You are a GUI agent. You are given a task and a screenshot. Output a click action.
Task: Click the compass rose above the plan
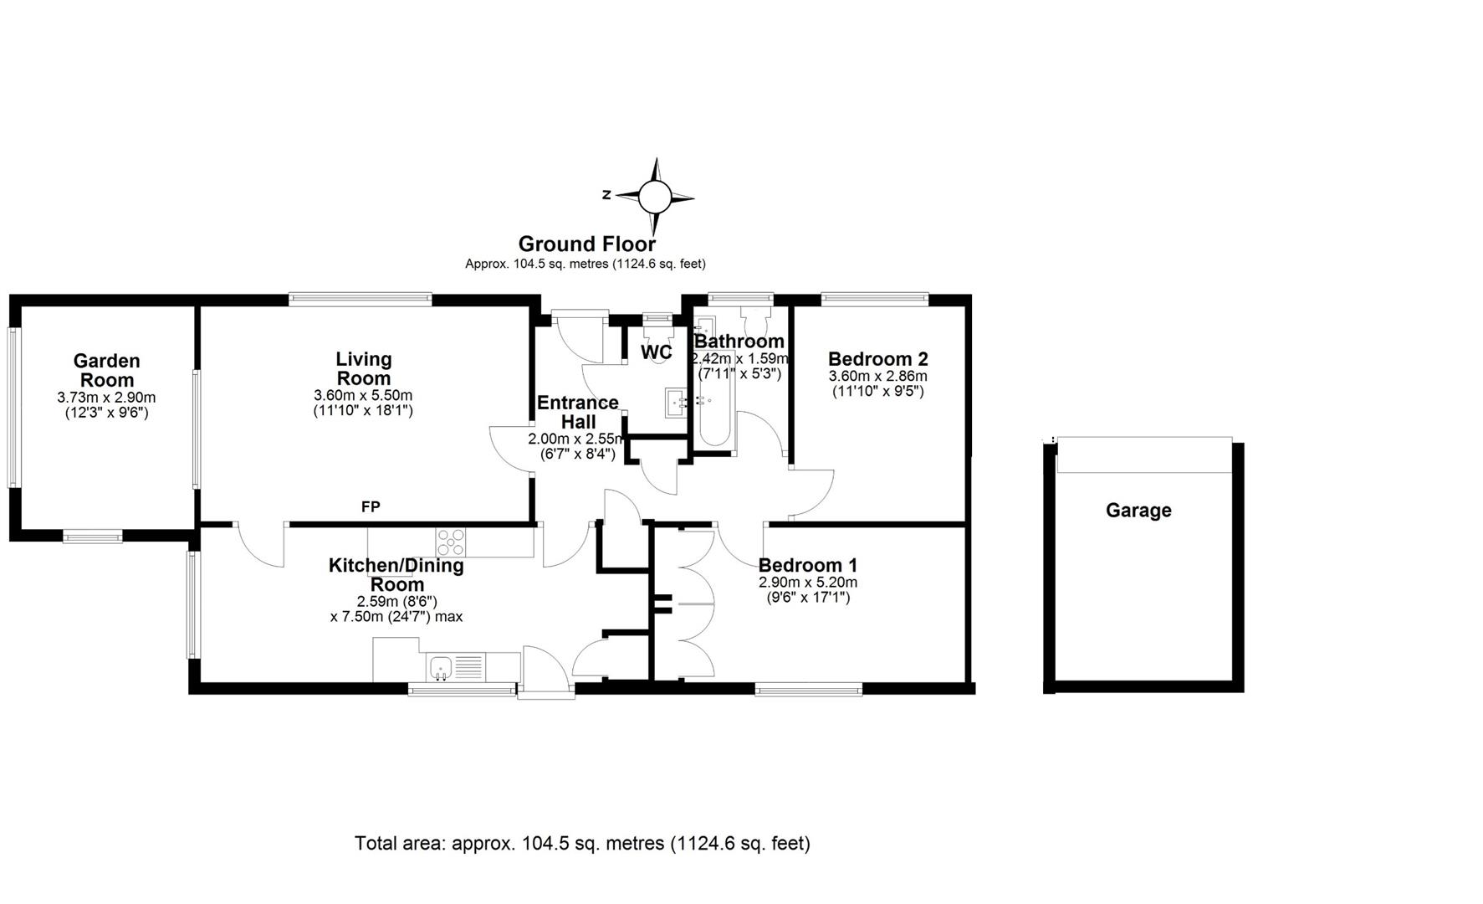[x=656, y=198]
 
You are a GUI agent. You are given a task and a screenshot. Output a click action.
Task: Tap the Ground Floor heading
[x=587, y=244]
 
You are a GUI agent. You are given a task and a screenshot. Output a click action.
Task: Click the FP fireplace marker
[x=371, y=506]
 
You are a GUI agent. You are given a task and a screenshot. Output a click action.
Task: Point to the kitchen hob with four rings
[x=451, y=542]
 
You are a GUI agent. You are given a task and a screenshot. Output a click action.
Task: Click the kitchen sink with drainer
[x=456, y=667]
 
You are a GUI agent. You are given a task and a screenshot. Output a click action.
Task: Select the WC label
[x=657, y=352]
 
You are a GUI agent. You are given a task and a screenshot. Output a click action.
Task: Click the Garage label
[x=1138, y=511]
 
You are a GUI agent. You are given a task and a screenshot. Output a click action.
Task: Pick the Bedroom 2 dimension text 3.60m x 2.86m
[x=877, y=377]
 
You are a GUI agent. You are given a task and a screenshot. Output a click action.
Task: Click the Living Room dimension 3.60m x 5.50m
[x=363, y=396]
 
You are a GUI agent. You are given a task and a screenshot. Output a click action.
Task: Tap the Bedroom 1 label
[x=808, y=566]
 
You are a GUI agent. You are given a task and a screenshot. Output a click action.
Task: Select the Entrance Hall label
[x=578, y=412]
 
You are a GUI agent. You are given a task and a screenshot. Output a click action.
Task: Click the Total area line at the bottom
[x=582, y=843]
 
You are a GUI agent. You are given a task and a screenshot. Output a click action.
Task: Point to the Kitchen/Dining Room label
[x=396, y=574]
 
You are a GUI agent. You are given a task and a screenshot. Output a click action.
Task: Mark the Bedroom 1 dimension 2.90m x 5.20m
[x=808, y=583]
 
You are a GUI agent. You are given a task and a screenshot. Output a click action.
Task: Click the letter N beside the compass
[x=606, y=195]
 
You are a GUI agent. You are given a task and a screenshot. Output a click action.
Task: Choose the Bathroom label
[x=739, y=342]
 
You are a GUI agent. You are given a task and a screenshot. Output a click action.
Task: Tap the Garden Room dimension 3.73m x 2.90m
[x=106, y=398]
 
